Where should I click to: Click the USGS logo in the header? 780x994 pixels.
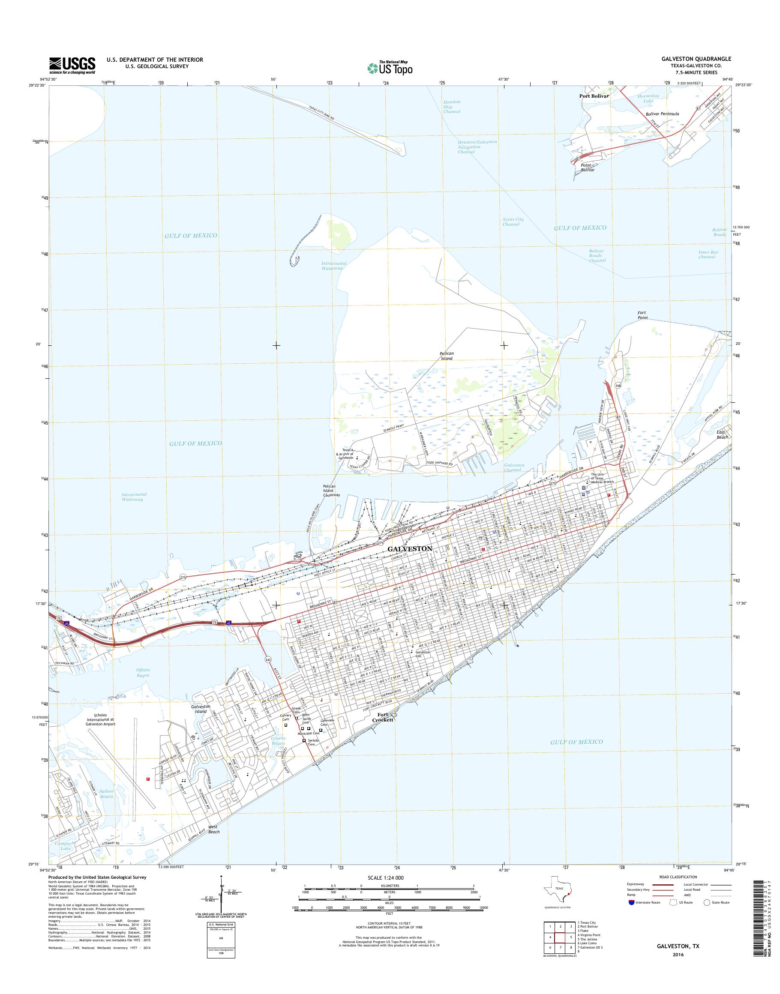tap(72, 65)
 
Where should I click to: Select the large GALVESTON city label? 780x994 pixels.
tap(410, 548)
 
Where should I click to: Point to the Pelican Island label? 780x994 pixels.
tap(446, 356)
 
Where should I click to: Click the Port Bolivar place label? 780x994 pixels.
tap(594, 96)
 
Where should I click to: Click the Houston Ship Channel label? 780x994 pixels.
tap(452, 107)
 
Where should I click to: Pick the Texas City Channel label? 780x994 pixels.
tap(513, 222)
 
